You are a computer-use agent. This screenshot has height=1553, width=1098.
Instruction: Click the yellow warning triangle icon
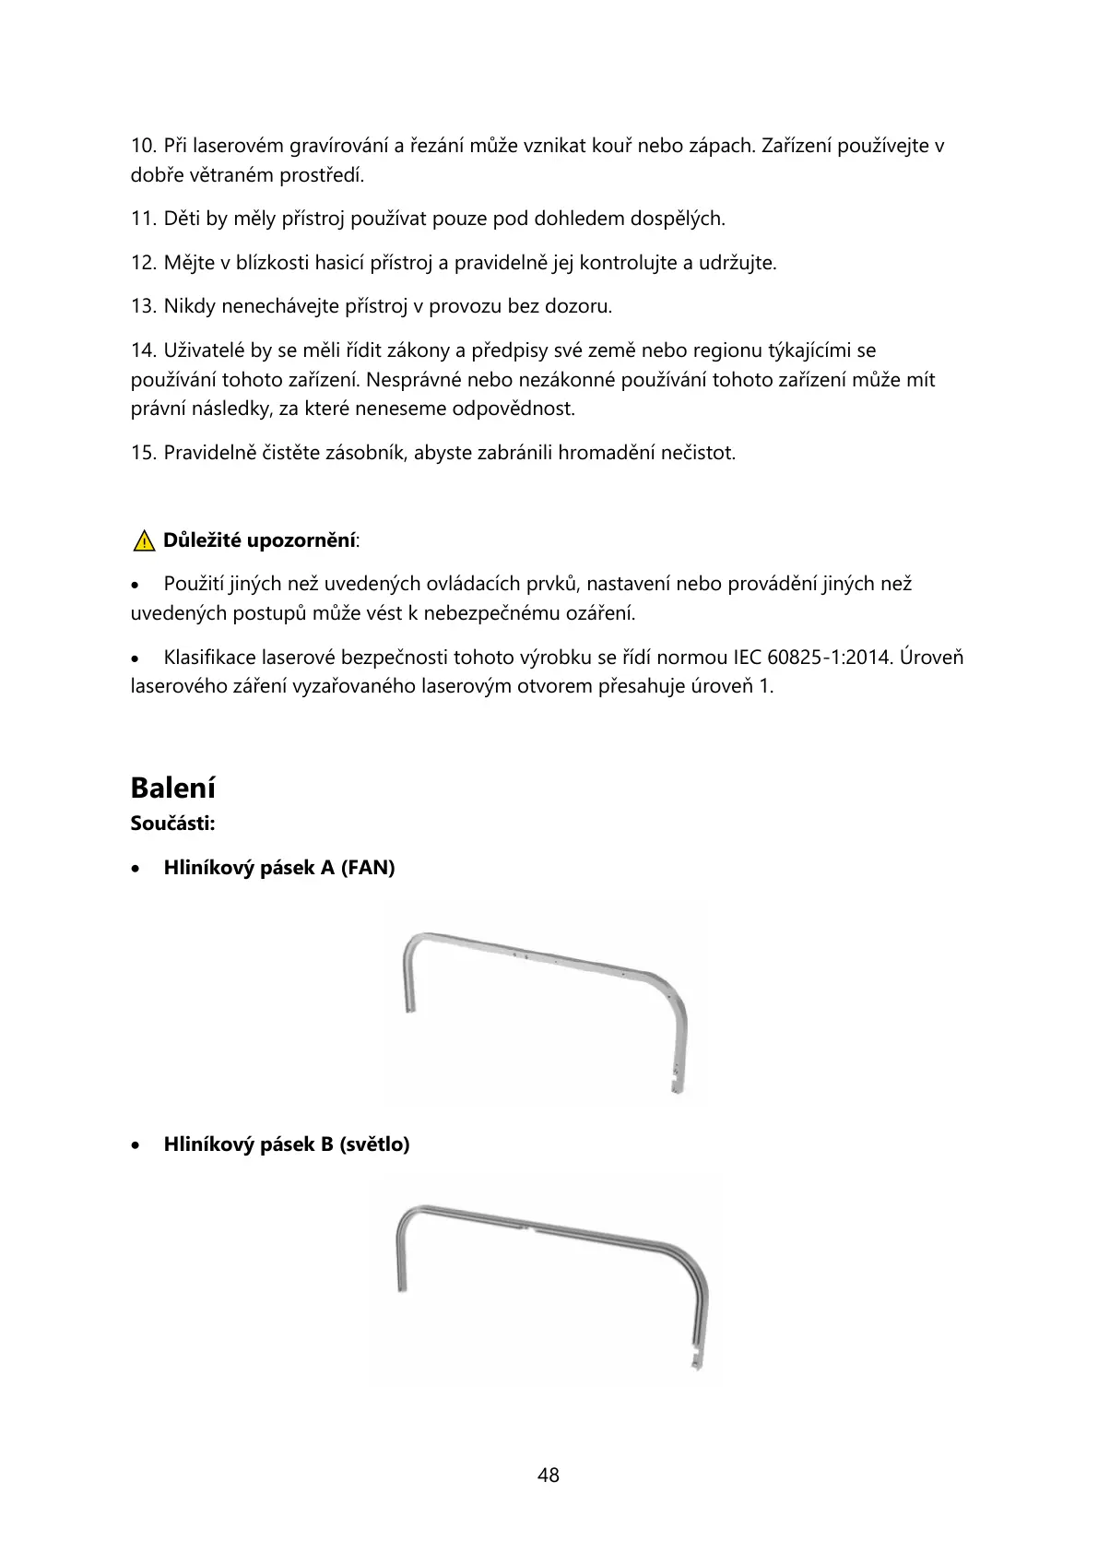[x=143, y=541]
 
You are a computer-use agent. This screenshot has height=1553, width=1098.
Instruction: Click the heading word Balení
[x=173, y=788]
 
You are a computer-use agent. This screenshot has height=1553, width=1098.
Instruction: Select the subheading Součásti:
[x=173, y=824]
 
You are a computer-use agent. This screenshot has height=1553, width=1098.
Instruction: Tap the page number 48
[x=549, y=1476]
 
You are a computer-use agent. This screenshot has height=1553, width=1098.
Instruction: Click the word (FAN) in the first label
[x=368, y=868]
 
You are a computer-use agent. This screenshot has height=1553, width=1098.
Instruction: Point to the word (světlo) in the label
[x=374, y=1144]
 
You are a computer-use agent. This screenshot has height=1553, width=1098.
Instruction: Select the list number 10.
[x=144, y=146]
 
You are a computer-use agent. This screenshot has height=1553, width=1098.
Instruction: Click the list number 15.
[x=144, y=453]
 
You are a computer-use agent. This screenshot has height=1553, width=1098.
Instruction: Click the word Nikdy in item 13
[x=189, y=306]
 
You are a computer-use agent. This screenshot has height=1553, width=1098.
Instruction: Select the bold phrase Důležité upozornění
[x=259, y=540]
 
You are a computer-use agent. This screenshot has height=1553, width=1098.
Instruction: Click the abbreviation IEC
[x=747, y=658]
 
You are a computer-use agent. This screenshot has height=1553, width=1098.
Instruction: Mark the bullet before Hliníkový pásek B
[x=136, y=1145]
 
